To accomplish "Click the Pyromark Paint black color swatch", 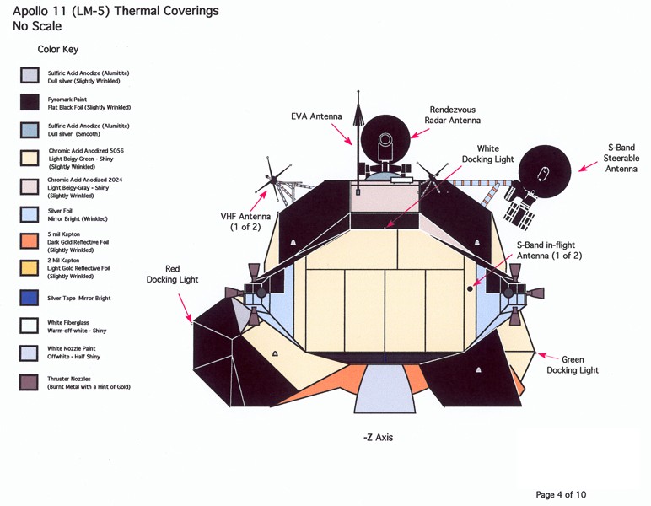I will pyautogui.click(x=30, y=103).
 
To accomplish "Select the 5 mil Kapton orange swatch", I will pyautogui.click(x=30, y=241).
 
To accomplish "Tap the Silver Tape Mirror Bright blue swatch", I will pyautogui.click(x=30, y=298).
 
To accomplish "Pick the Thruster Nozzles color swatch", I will pyautogui.click(x=30, y=382).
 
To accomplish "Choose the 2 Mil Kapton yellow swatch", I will pyautogui.click(x=30, y=268).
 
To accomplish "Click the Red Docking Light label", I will pyautogui.click(x=172, y=274).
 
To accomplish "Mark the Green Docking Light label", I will pyautogui.click(x=572, y=365).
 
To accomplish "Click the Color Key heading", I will pyautogui.click(x=58, y=50).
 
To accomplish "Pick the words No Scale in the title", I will pyautogui.click(x=37, y=26).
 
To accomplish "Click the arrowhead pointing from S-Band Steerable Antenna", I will pyautogui.click(x=581, y=169).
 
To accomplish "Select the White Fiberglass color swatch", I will pyautogui.click(x=30, y=326).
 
